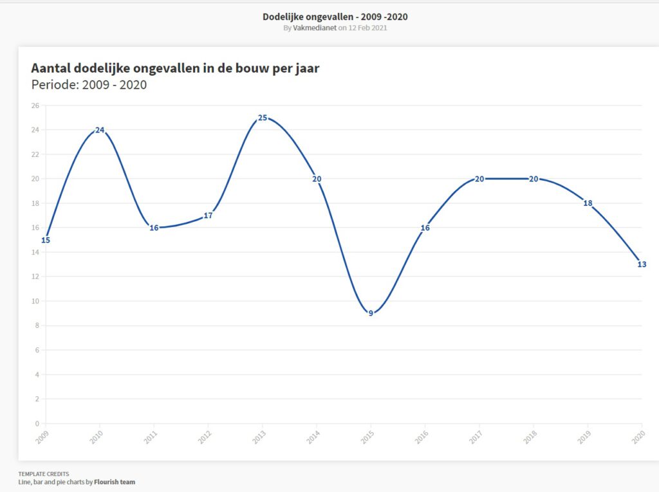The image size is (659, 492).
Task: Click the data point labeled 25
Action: (263, 118)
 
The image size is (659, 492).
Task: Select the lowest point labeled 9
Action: (371, 313)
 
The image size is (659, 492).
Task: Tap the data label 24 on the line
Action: (100, 130)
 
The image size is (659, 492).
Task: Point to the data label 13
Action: (642, 264)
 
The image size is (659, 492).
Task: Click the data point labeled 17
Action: (208, 215)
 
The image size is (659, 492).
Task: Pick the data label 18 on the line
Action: (588, 203)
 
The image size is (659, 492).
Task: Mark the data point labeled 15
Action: (46, 240)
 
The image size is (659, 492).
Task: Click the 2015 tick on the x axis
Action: (367, 437)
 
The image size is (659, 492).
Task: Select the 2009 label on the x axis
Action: (42, 437)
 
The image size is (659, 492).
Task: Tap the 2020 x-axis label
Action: (638, 437)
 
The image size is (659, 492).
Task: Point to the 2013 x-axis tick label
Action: (259, 437)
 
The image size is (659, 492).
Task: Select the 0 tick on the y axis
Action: (37, 423)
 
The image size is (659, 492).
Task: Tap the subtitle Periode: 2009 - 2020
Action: (89, 84)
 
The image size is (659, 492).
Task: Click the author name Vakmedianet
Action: (315, 28)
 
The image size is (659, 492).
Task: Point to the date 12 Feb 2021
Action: (367, 28)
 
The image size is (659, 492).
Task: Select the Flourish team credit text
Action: (115, 482)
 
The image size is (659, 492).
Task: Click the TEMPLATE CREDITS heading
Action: (44, 474)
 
